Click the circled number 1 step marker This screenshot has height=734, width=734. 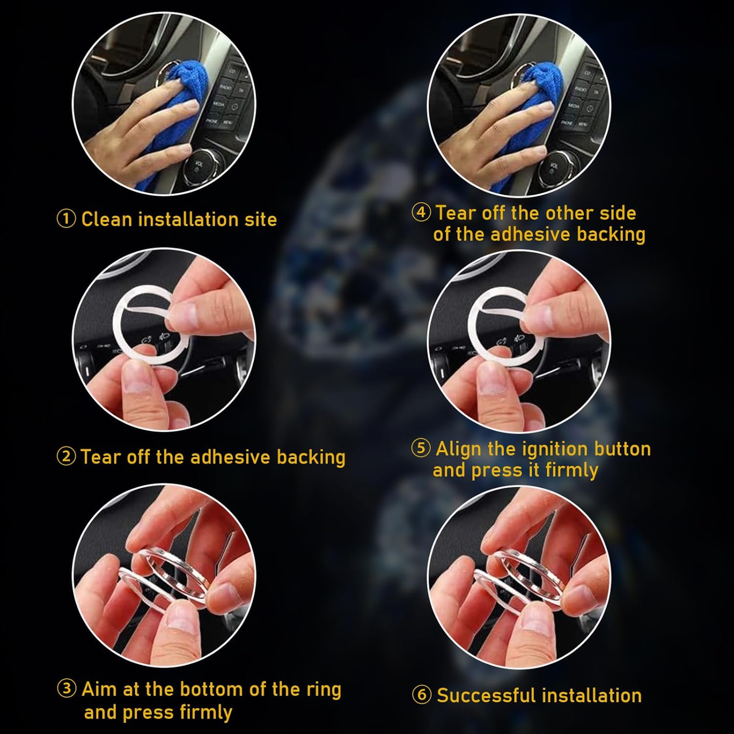[66, 219]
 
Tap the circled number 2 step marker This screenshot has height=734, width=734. [66, 457]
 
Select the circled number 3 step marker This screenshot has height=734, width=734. [67, 689]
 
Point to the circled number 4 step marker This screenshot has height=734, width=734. [421, 213]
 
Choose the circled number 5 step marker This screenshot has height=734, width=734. [421, 448]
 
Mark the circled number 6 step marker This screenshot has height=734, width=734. [422, 695]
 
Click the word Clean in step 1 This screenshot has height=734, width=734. [107, 219]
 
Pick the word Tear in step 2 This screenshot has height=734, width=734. [101, 457]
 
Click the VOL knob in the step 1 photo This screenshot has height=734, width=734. [200, 166]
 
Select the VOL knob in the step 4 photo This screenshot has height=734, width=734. [555, 166]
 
